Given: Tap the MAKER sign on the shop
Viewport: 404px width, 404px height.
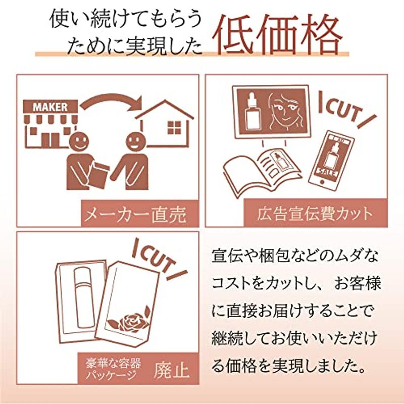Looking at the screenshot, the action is (x=50, y=107).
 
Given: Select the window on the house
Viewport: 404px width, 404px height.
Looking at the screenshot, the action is (x=174, y=128).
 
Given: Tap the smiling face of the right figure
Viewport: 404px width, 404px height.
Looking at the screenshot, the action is (x=136, y=142).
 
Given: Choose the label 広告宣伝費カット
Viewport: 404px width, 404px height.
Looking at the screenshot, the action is (x=315, y=214).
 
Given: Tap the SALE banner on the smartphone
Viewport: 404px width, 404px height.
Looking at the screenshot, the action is (x=327, y=172).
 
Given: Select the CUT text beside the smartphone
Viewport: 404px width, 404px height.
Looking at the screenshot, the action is (x=346, y=110).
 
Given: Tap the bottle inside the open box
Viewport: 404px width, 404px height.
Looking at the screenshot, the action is (x=83, y=297).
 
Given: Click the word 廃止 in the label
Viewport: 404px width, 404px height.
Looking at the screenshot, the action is (x=172, y=371).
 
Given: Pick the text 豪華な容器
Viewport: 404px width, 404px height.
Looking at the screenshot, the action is (x=114, y=363).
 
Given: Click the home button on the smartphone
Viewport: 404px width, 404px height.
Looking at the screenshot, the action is (x=322, y=182).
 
